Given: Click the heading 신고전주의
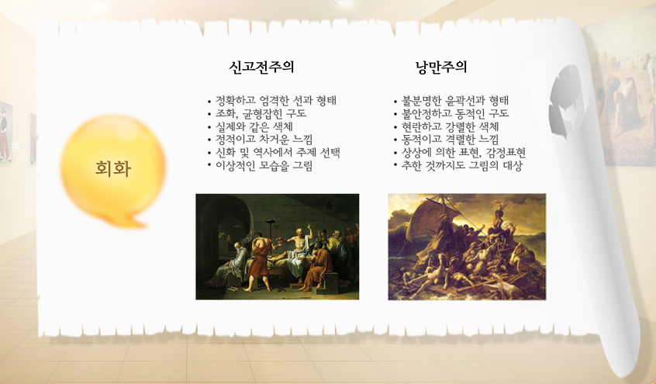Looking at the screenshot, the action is click(261, 67).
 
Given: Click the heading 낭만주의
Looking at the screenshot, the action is click(441, 67).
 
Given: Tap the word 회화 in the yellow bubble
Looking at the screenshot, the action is click(113, 168).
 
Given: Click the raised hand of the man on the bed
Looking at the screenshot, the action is click(309, 227).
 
